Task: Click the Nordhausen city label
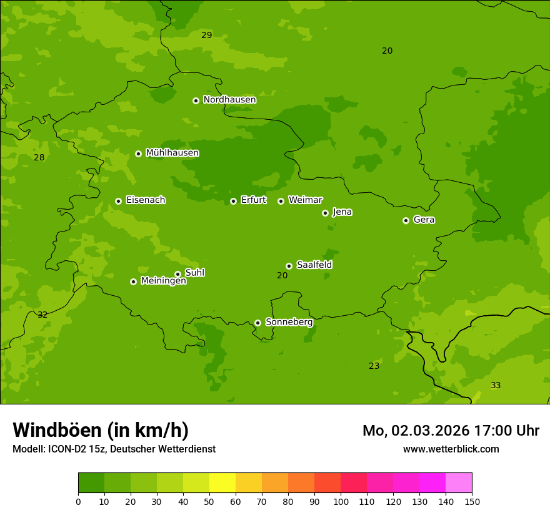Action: pos(229,100)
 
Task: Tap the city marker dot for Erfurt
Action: pos(233,201)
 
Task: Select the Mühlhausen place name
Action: pos(172,153)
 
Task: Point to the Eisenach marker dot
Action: pos(118,201)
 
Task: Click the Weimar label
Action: pos(305,200)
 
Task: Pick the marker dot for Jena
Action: pos(325,213)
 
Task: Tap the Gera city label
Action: pos(424,220)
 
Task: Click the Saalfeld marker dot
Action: pos(289,266)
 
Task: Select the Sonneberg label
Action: pos(289,322)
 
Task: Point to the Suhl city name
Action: pos(194,273)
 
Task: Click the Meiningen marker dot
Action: pos(133,281)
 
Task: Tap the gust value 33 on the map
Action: pos(496,386)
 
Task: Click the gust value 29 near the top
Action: pos(207,36)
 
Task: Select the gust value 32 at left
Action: pos(42,315)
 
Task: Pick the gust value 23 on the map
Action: pos(374,366)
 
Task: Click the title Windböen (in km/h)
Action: pos(101,430)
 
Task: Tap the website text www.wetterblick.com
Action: pos(451,449)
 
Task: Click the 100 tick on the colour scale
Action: pos(341,501)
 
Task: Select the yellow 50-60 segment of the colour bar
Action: pos(222,482)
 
